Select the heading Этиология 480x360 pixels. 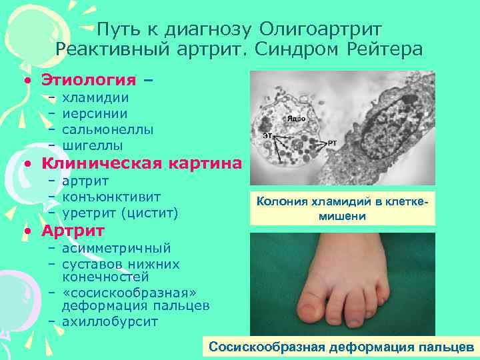[91, 80]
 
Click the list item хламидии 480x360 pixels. [95, 98]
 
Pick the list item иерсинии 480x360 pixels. [95, 113]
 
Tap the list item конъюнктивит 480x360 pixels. [111, 197]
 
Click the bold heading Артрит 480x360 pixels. [73, 231]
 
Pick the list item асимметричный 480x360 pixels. [116, 249]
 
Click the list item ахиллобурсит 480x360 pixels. [109, 322]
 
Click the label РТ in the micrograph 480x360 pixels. [332, 143]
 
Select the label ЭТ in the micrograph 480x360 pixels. [267, 136]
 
